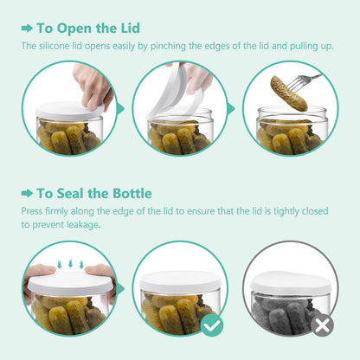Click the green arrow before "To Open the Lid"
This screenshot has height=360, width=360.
pyautogui.click(x=28, y=28)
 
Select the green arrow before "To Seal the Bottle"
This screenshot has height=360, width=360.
pyautogui.click(x=28, y=192)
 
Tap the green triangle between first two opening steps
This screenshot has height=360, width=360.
pyautogui.click(x=120, y=109)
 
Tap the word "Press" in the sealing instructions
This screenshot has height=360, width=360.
pyautogui.click(x=33, y=209)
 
